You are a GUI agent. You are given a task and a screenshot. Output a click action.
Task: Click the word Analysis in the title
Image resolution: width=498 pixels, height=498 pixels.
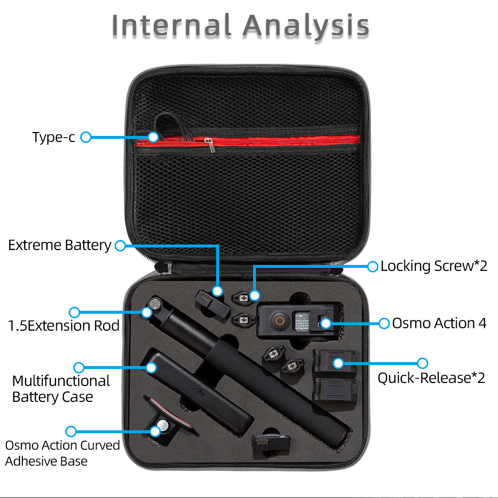306,25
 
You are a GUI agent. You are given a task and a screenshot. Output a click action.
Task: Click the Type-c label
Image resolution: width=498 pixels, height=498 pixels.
54,137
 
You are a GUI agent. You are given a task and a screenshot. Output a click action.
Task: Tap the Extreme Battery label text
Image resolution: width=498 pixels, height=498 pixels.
60,245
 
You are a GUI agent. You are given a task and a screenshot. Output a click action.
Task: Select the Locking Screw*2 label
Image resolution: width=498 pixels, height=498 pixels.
434,266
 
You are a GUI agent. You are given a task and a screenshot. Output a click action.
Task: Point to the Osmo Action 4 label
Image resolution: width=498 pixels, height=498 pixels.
439,323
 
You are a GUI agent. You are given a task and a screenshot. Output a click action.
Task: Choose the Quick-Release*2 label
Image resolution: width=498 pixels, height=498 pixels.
431,378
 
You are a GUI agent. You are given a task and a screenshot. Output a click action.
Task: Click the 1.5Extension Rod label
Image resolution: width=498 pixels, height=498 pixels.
64,326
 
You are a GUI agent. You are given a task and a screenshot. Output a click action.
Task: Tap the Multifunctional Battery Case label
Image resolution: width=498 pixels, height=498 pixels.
61,389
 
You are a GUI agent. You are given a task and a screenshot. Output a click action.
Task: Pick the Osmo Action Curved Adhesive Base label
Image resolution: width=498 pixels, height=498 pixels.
63,453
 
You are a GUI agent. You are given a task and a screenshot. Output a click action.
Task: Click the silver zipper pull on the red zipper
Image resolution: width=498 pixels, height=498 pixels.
209,145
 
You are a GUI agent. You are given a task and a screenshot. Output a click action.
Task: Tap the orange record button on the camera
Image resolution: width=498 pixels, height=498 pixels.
280,320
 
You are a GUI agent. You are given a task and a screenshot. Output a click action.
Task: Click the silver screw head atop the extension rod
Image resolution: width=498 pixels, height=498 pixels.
155,304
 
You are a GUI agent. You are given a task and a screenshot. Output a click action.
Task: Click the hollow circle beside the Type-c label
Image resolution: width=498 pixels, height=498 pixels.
86,137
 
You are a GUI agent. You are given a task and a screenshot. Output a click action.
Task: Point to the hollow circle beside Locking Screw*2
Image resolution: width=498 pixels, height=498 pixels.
373,266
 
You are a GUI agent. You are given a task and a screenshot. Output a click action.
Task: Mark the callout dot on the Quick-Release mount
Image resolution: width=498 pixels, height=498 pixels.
338,363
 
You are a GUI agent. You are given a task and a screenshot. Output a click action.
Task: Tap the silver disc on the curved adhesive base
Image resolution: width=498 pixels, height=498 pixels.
163,425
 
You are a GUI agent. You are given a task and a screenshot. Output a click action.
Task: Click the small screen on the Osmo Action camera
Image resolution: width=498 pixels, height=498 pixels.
302,321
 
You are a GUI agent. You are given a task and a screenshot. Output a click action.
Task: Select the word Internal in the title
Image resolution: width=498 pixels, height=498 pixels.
171,25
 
